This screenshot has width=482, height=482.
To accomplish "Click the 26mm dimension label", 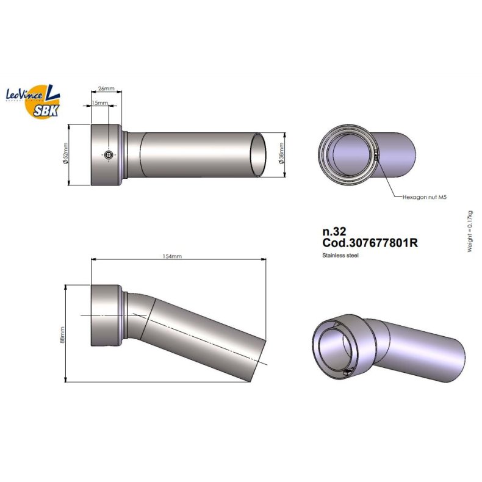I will (x=106, y=88).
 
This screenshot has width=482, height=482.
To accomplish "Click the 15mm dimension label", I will (x=99, y=103).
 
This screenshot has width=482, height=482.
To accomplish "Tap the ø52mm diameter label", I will (x=65, y=155).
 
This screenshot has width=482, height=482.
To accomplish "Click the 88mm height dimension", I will (x=63, y=334).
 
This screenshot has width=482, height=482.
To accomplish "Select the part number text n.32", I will (x=334, y=232).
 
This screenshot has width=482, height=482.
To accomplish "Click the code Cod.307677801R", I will (x=370, y=243).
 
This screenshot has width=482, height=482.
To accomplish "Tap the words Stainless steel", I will (x=340, y=255).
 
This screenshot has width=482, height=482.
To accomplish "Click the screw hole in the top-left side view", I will (x=108, y=156).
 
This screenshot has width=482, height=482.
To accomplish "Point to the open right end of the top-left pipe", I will (x=259, y=155).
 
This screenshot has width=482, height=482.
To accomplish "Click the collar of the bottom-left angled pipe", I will (x=107, y=314).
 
